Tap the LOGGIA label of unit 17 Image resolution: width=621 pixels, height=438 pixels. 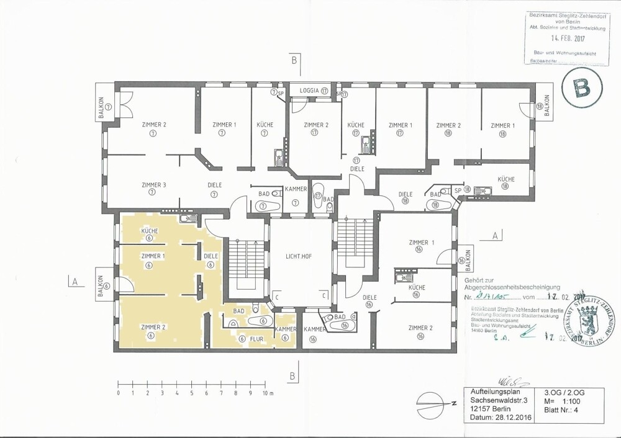pos(309,91)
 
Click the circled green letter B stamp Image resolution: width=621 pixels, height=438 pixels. pos(582,89)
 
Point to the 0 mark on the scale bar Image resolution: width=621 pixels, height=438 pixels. pos(118,394)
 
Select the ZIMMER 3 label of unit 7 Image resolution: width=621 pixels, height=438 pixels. pos(153,184)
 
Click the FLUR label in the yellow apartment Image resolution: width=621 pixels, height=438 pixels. pos(255,339)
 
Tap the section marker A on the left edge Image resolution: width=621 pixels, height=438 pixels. pos(75,281)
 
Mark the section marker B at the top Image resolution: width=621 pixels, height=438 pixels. pos(293,60)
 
